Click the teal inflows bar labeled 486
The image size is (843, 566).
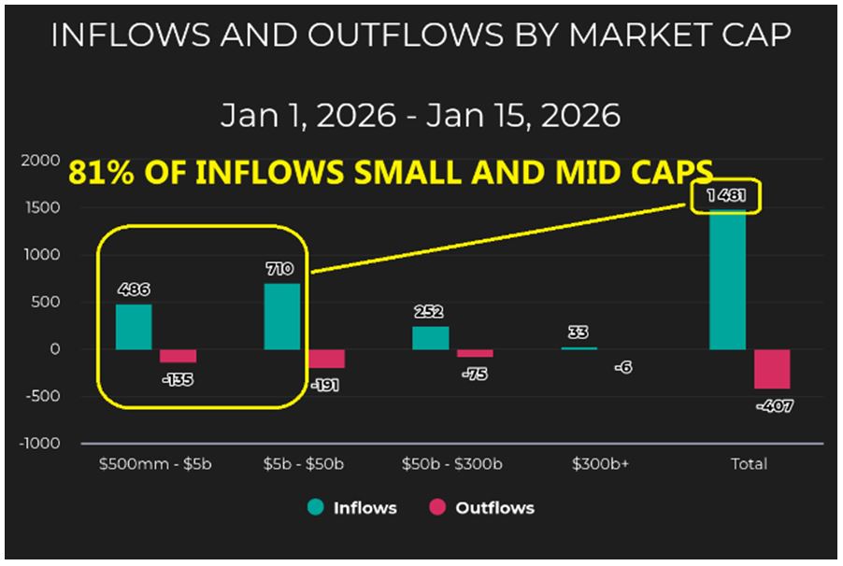[134, 327]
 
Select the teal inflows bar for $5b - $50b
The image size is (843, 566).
[282, 317]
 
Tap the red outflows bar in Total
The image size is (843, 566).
[772, 369]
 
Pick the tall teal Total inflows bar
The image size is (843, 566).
[727, 280]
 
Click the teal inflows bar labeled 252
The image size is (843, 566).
[430, 337]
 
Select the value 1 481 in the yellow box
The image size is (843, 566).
[726, 196]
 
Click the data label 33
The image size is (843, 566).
[579, 332]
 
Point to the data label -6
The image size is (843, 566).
[623, 367]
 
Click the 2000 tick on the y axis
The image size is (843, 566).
[40, 161]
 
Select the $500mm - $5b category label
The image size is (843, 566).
[156, 464]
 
